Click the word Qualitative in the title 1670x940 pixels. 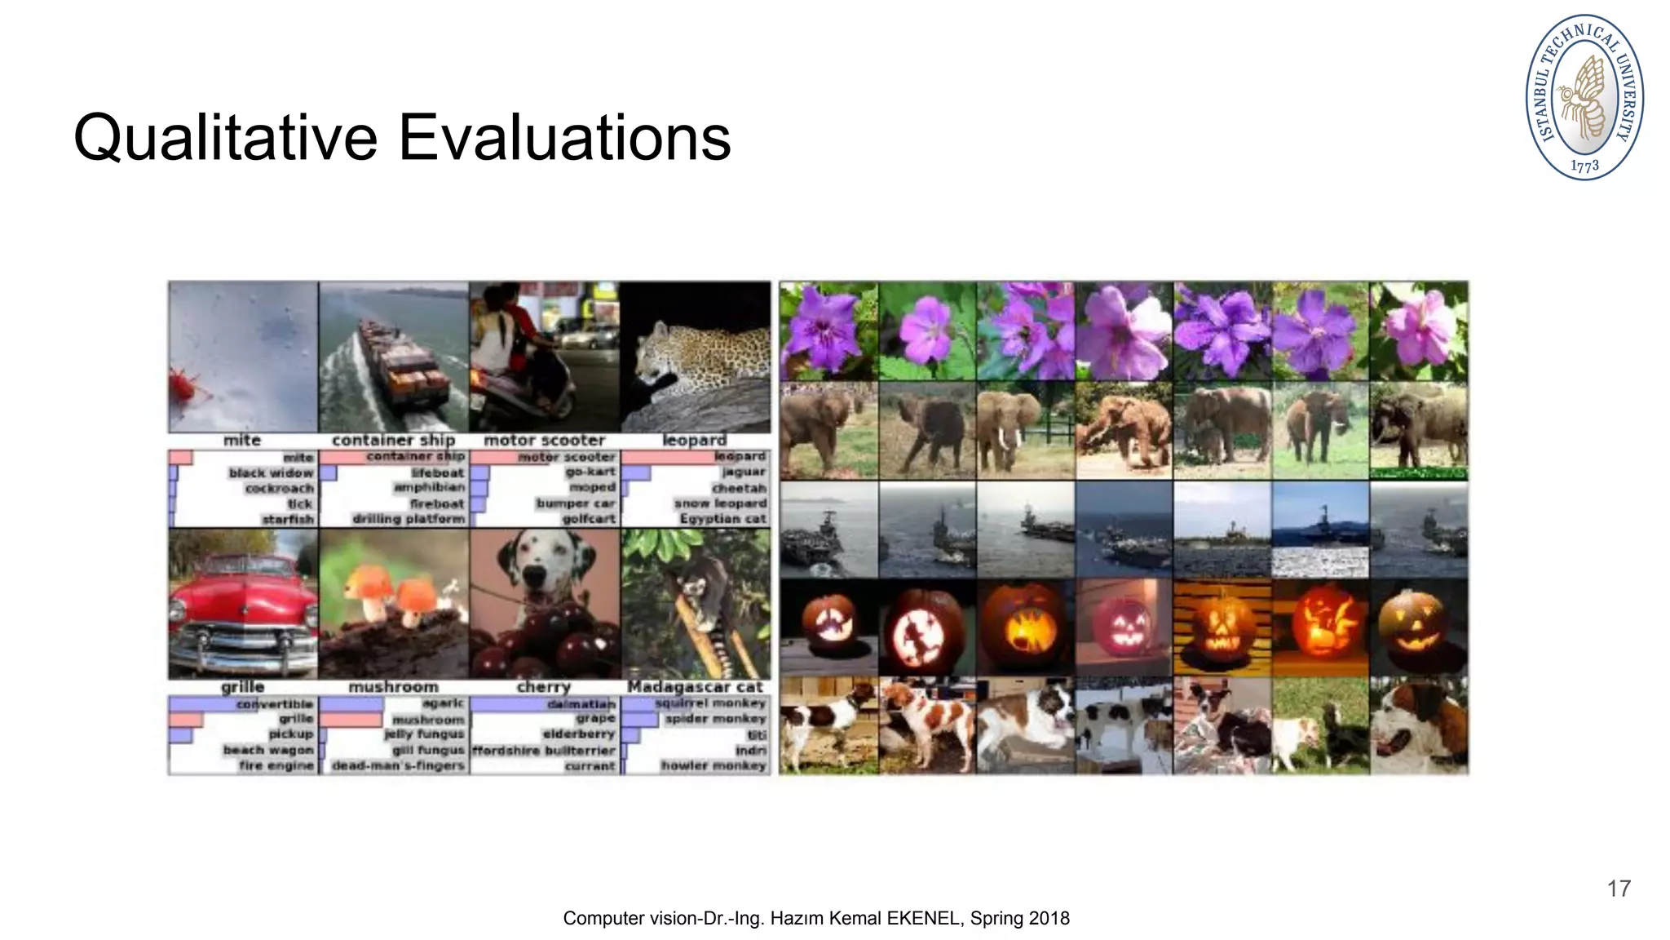[225, 139]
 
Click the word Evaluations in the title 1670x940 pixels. [564, 139]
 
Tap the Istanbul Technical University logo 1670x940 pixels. [1584, 96]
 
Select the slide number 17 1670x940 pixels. [1619, 889]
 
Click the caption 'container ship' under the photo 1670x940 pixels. [393, 441]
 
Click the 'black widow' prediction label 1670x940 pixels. [271, 473]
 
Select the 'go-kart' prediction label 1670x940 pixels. [590, 472]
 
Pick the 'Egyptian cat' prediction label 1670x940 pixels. [722, 519]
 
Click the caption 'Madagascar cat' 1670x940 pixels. [695, 687]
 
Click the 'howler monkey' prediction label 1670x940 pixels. [714, 765]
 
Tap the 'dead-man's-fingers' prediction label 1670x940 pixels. [398, 765]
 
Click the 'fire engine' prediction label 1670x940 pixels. [276, 765]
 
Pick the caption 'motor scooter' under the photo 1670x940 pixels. [544, 441]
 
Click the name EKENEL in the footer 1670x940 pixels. [923, 919]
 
